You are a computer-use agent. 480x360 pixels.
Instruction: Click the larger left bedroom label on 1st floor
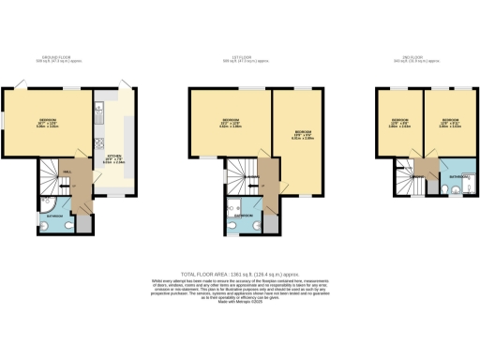(x=230, y=122)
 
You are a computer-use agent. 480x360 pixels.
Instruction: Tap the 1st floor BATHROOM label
(x=243, y=215)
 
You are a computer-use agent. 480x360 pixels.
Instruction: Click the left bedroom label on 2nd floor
(x=399, y=123)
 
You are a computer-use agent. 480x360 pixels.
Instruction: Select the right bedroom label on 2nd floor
(x=448, y=123)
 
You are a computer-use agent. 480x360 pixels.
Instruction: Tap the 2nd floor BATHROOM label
(x=457, y=175)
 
